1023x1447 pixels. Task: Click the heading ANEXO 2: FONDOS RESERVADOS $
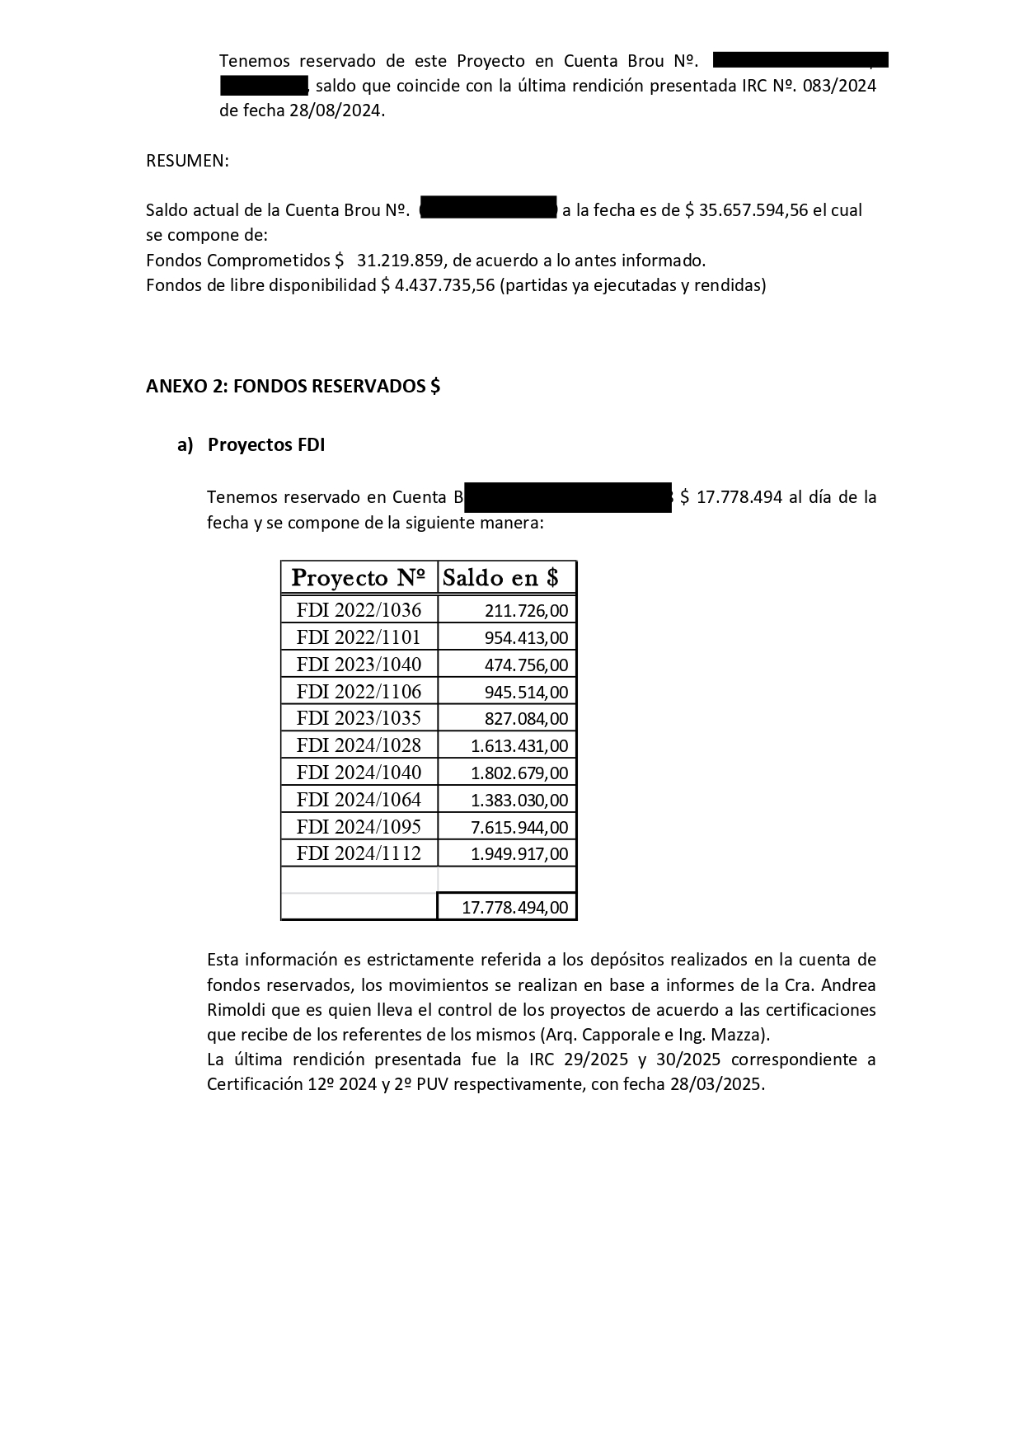pos(293,387)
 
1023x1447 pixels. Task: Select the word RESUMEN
pos(186,161)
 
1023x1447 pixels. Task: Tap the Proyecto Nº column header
pos(359,577)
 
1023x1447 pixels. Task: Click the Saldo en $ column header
pos(501,577)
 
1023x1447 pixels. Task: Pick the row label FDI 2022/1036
pos(359,610)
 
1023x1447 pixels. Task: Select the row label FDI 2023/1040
pos(359,665)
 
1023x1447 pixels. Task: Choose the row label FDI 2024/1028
pos(359,745)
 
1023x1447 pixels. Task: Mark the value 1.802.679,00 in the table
pos(519,773)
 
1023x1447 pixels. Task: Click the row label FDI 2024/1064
pos(359,800)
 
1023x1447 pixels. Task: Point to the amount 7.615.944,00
pos(519,827)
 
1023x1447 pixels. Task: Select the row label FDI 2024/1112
pos(359,853)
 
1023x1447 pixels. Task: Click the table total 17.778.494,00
pos(514,908)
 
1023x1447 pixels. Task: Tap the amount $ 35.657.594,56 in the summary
pos(747,210)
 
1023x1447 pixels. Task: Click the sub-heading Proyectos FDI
pos(266,445)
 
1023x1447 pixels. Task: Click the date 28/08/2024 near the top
pos(336,110)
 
